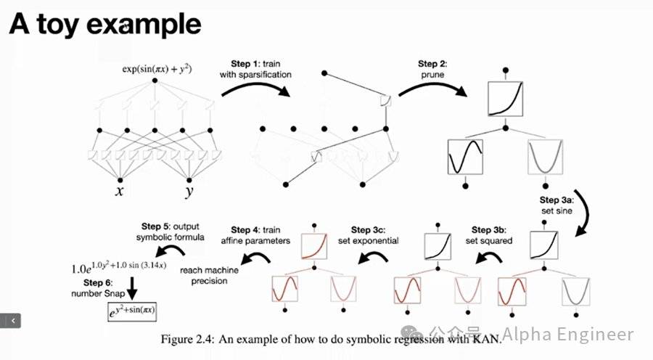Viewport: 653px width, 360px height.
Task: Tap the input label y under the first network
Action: tap(189, 192)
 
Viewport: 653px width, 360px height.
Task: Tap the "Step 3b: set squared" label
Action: tap(491, 235)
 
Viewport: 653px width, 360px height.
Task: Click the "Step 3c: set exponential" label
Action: tap(374, 235)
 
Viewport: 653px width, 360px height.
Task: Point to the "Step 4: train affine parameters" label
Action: tap(261, 235)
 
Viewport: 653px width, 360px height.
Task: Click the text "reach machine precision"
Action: tap(210, 276)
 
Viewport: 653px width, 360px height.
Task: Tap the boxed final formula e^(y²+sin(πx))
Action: tap(130, 312)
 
